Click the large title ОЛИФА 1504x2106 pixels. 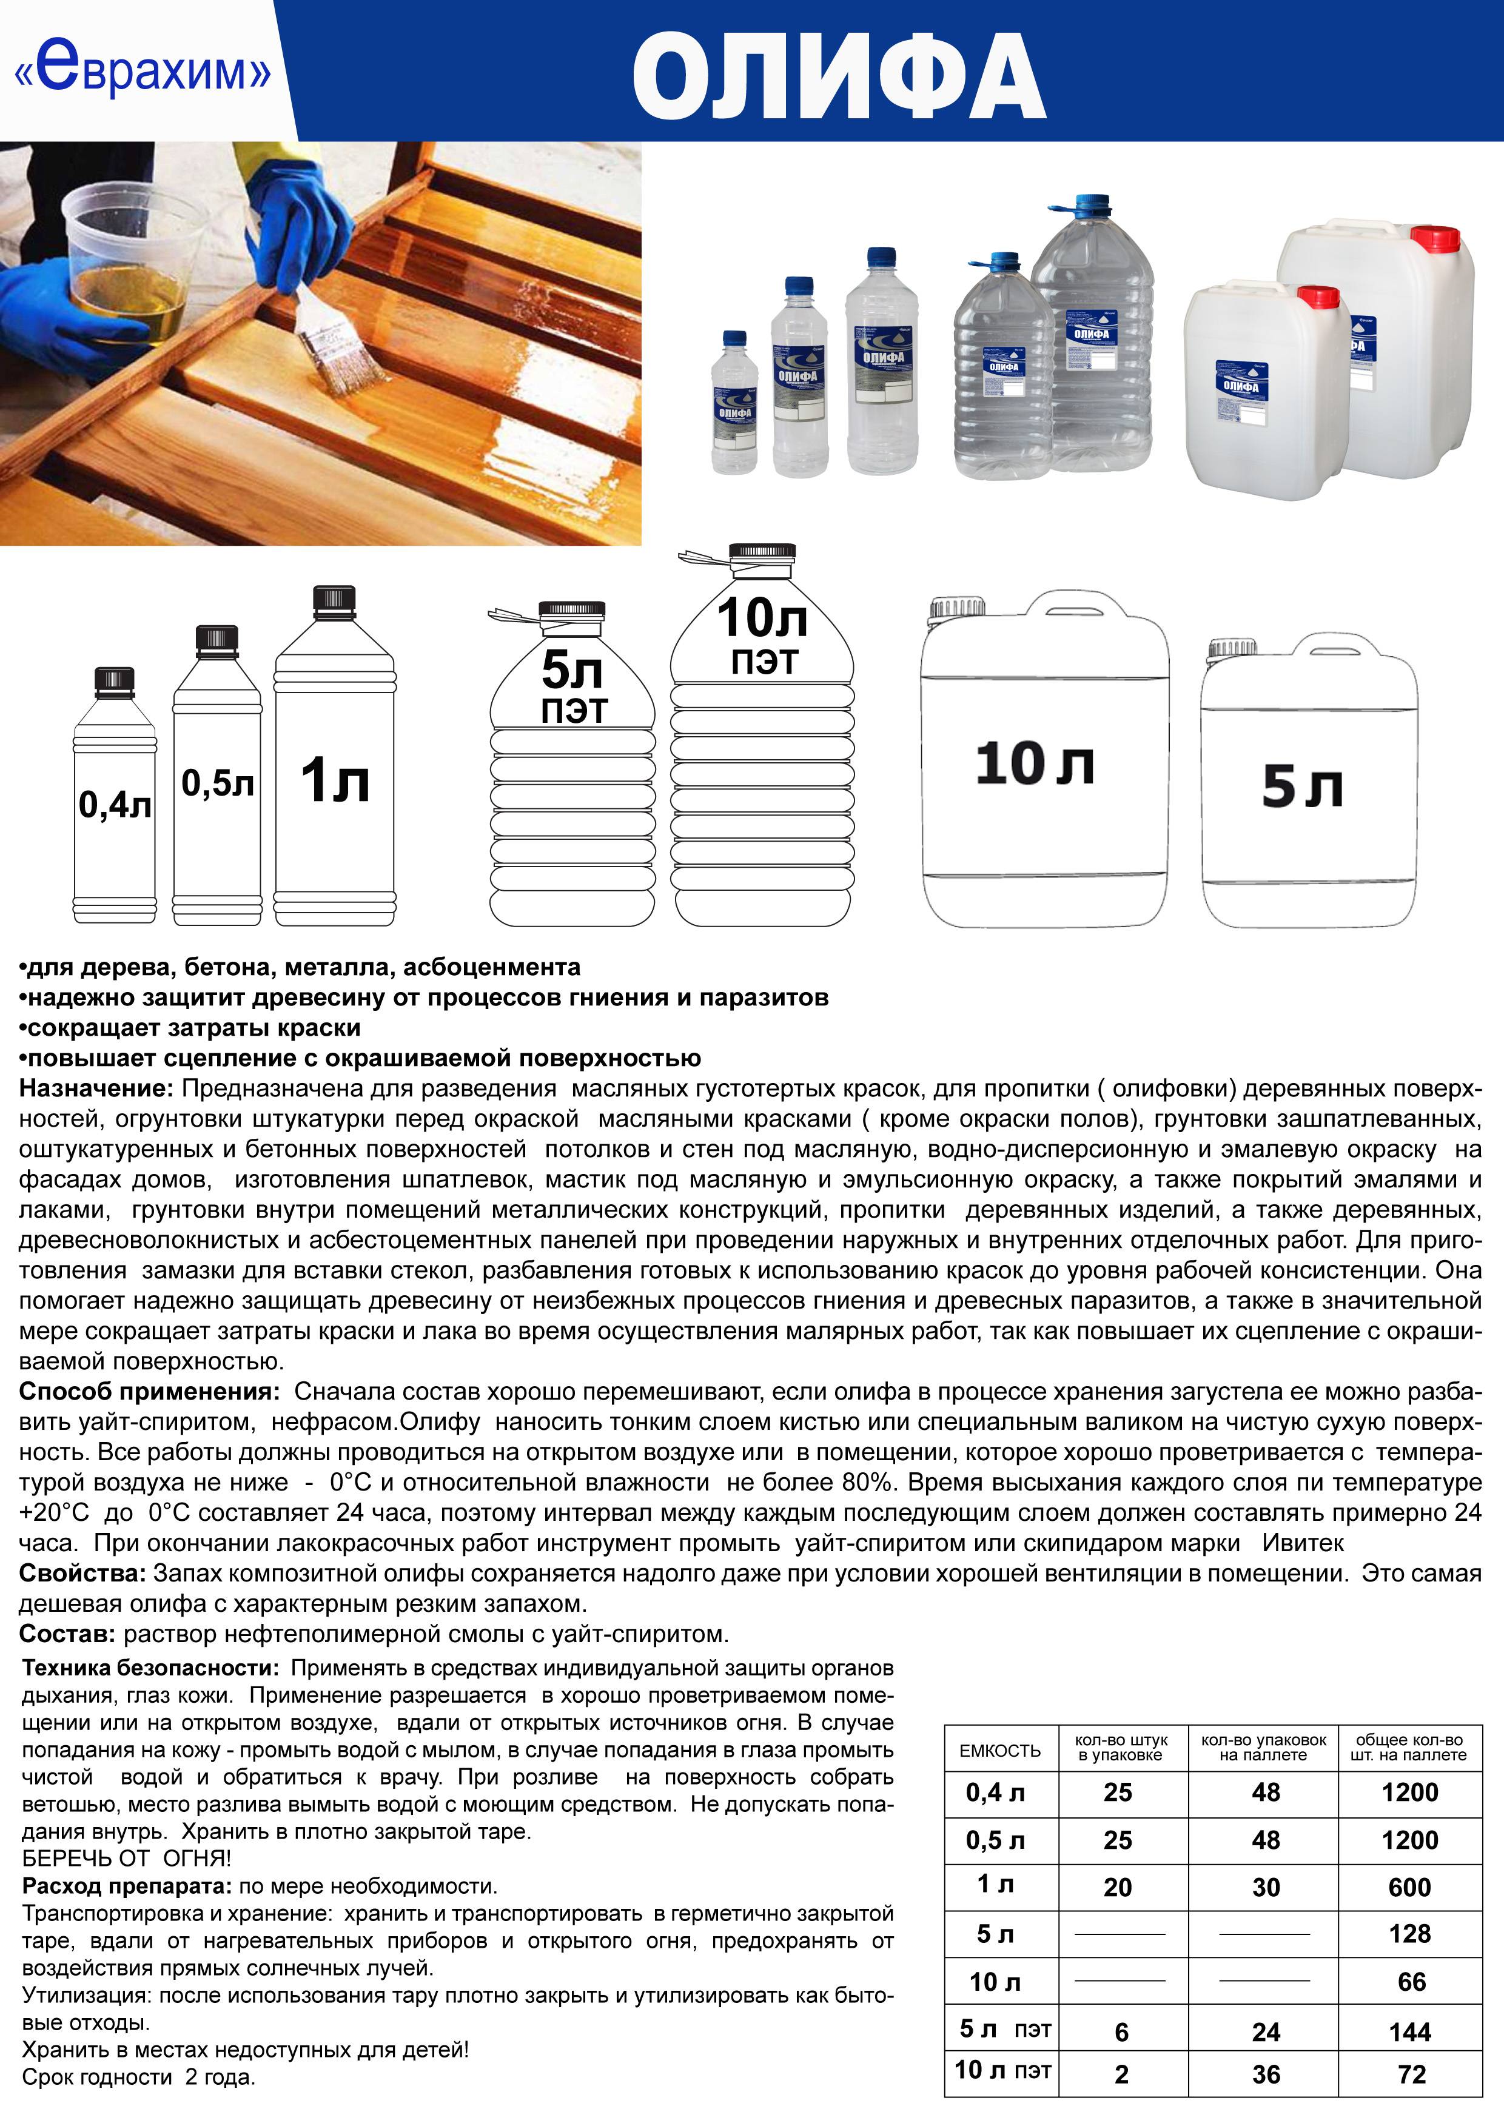(838, 78)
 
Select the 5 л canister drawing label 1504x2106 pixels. (1302, 787)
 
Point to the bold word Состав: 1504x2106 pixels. (67, 1634)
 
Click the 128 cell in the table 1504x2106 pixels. (1409, 1934)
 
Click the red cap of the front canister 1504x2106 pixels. (1318, 297)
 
